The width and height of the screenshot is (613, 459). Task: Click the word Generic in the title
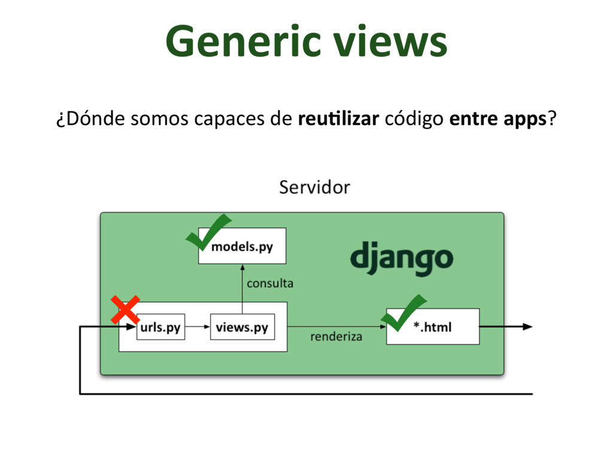click(245, 43)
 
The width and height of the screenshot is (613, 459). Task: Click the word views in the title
click(390, 43)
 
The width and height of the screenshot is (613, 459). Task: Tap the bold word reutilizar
click(338, 120)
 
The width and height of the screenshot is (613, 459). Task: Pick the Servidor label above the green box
click(314, 188)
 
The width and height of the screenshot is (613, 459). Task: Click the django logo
click(401, 259)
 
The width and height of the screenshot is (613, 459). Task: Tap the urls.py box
click(160, 327)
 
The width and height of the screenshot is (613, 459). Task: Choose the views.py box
click(242, 327)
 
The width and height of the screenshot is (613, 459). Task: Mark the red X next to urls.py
click(126, 311)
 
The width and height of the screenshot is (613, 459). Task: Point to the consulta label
click(270, 283)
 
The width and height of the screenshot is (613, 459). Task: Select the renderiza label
click(336, 336)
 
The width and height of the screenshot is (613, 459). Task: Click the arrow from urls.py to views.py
click(198, 327)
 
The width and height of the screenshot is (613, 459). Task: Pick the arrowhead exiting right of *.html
click(527, 326)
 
